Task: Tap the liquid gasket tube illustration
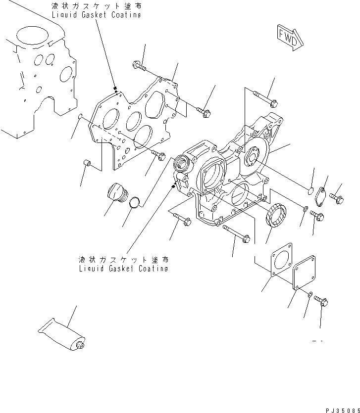click(x=62, y=333)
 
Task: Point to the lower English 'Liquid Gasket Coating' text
click(x=123, y=269)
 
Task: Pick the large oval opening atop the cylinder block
click(x=33, y=37)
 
